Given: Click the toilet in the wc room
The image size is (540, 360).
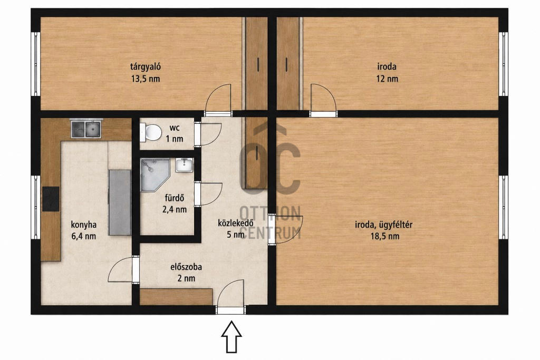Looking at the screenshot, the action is (x=151, y=132).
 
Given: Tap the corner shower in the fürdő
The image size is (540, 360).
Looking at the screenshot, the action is (x=155, y=174).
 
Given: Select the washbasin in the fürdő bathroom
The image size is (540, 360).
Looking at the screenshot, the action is (x=184, y=165).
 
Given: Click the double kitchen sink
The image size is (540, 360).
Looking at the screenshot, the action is (x=86, y=129).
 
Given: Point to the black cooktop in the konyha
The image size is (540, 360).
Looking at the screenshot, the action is (x=51, y=199).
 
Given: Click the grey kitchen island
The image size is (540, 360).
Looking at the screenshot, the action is (x=120, y=202).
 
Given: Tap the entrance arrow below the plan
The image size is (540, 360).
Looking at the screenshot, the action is (x=232, y=337).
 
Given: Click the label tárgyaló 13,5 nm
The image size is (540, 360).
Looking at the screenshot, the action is (x=146, y=72).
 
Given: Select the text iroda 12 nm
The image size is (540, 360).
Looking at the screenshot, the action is (x=387, y=72).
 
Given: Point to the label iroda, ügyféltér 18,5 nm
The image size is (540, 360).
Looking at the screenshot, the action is (x=384, y=230).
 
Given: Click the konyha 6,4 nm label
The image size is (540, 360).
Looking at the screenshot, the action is (x=83, y=230).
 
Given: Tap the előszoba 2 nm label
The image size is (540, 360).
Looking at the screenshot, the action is (x=186, y=273).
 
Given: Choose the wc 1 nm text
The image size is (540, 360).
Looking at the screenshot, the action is (x=174, y=133).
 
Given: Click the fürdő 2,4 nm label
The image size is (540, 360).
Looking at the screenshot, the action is (x=175, y=203).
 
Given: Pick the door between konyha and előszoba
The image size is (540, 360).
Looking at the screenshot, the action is (x=121, y=269).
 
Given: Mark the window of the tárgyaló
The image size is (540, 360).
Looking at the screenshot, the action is (x=36, y=64).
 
